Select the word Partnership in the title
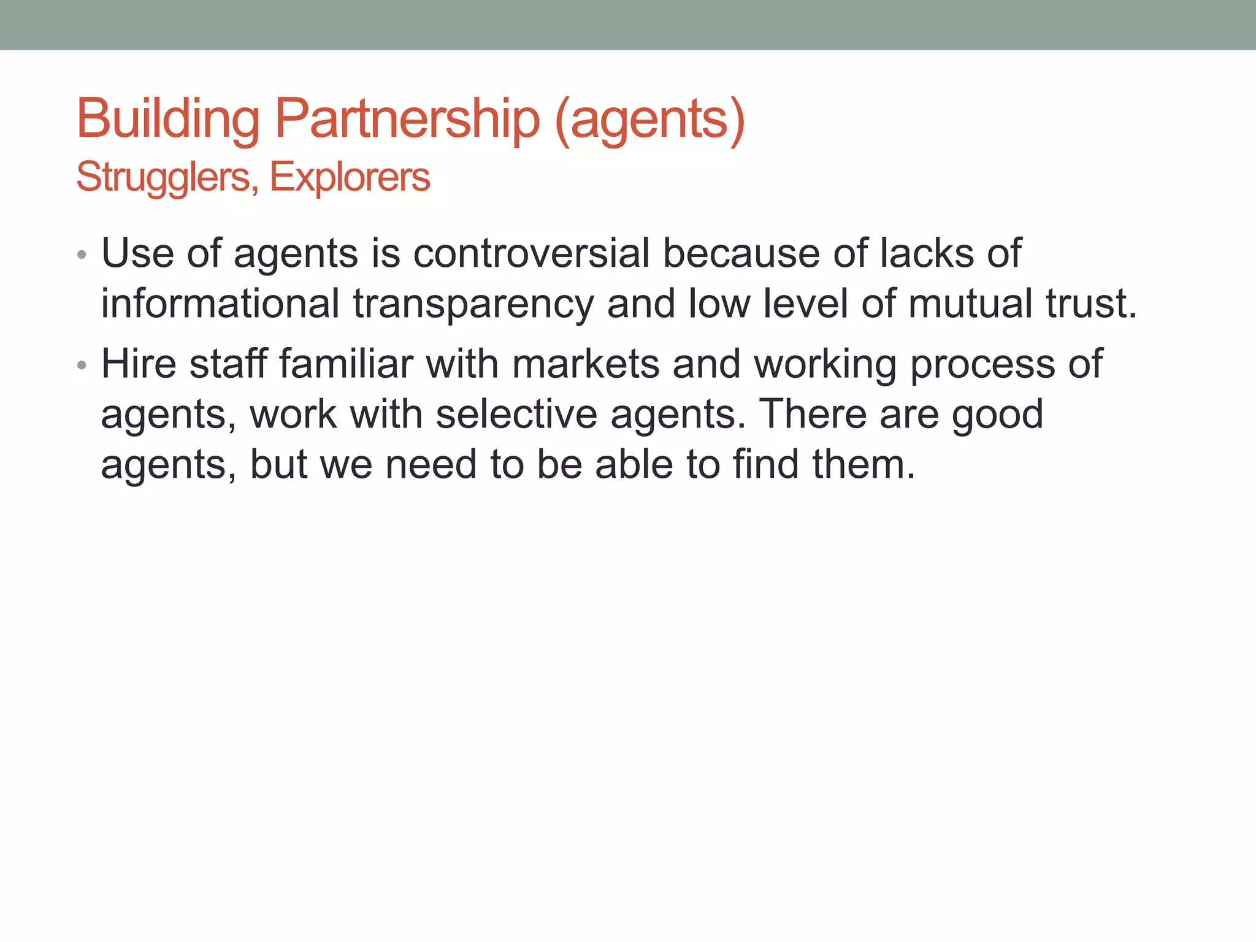coord(407,119)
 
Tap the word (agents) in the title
coord(649,119)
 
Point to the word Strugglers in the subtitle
coord(163,178)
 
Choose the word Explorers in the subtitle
coord(350,178)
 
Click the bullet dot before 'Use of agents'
coord(82,255)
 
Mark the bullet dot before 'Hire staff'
coord(82,366)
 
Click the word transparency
coord(473,304)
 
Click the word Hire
coord(139,364)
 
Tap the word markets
coord(586,364)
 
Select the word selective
coord(516,414)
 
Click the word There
coord(812,414)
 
